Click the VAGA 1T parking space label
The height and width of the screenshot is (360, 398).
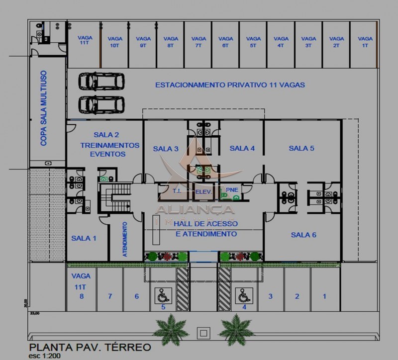(365, 42)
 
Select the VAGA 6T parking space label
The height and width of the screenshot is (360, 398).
(226, 42)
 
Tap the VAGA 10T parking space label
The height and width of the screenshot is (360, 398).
(115, 42)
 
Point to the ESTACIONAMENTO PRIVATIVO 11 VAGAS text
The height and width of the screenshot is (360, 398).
(230, 85)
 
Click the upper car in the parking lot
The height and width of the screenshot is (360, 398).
(101, 81)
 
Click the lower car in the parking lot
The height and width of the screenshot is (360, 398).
(101, 104)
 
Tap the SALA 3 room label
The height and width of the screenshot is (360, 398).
(166, 149)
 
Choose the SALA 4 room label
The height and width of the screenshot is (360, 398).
(242, 148)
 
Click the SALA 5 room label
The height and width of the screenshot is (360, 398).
(301, 148)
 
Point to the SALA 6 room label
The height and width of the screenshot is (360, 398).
(303, 235)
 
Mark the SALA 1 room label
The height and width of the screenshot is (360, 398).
(84, 238)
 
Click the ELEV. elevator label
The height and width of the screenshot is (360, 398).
(203, 191)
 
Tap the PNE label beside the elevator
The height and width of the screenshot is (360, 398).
(232, 190)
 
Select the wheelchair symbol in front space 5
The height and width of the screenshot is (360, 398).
(162, 296)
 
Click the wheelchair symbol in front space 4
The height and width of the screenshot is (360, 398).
(244, 296)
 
